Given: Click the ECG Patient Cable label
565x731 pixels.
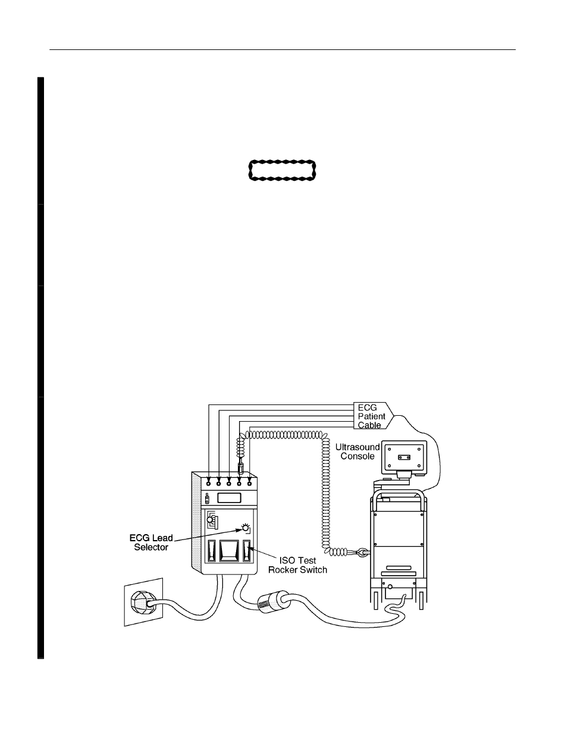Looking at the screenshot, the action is [371, 416].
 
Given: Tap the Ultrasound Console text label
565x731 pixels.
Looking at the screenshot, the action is [357, 451].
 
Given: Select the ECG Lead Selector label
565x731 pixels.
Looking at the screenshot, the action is [151, 542].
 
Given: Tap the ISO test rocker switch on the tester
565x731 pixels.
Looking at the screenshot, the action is [247, 551].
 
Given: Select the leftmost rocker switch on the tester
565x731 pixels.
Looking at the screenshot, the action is [212, 551].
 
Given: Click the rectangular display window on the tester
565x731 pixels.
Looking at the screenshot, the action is [229, 498].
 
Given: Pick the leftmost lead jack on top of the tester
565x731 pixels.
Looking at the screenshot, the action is [209, 484].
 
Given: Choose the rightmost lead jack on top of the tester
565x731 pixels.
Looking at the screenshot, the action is [250, 484].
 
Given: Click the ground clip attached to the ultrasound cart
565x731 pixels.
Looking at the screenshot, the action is [363, 553].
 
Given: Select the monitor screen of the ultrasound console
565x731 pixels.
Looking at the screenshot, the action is [404, 457].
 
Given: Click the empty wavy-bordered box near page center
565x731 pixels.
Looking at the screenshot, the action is [282, 170].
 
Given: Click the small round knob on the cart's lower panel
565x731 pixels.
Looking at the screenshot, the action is [390, 587].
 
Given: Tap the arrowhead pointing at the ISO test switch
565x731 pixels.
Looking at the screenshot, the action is [250, 549].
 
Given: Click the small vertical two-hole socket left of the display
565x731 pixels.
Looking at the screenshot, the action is [207, 499].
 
